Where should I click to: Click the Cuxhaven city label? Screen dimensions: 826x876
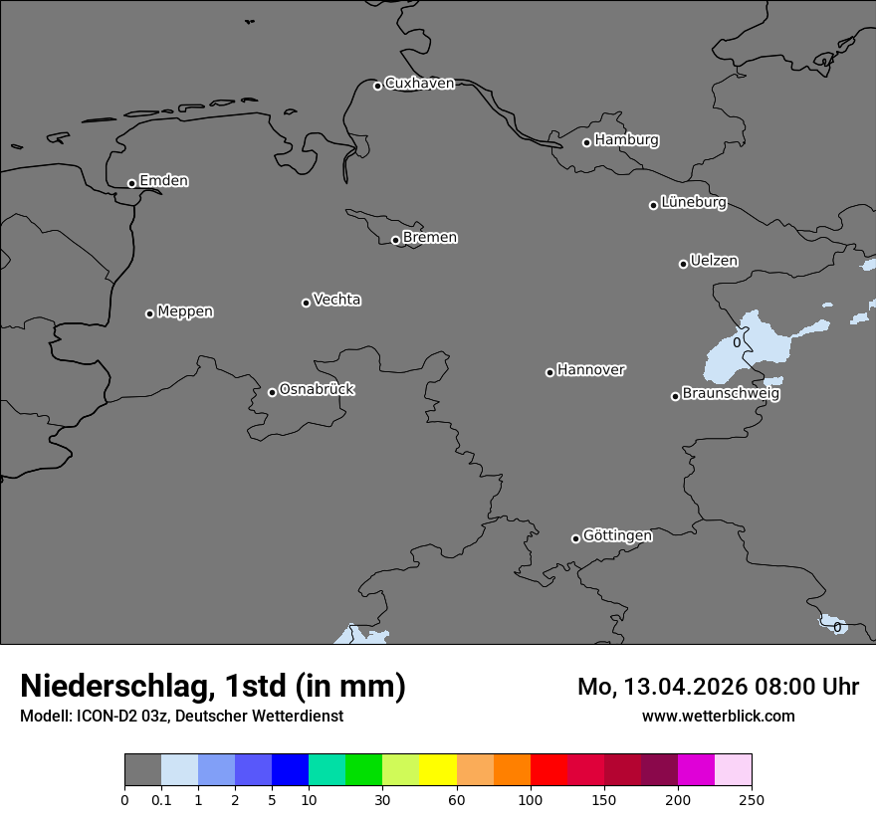click(x=419, y=84)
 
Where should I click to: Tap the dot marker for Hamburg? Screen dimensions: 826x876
click(x=587, y=142)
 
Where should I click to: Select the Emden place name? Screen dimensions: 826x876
click(x=163, y=181)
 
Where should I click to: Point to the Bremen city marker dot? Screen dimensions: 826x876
click(x=395, y=240)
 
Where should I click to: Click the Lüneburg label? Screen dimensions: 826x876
click(x=693, y=203)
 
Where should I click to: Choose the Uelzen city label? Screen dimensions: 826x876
click(x=714, y=262)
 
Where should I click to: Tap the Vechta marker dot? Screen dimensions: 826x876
click(x=306, y=303)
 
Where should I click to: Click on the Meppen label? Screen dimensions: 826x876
click(x=185, y=311)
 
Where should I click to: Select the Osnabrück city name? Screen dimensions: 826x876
click(x=317, y=389)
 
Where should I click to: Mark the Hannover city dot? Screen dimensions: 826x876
click(x=549, y=372)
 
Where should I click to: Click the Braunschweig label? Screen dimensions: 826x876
click(x=731, y=394)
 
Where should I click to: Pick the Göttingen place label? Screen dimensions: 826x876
click(x=617, y=536)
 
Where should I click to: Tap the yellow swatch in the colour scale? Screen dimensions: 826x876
click(x=438, y=770)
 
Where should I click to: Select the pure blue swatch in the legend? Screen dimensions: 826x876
click(x=290, y=770)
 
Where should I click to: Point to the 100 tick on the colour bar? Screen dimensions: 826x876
click(x=531, y=799)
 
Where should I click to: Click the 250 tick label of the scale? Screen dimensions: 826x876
click(x=752, y=799)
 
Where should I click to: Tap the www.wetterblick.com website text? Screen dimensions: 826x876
click(x=718, y=717)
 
